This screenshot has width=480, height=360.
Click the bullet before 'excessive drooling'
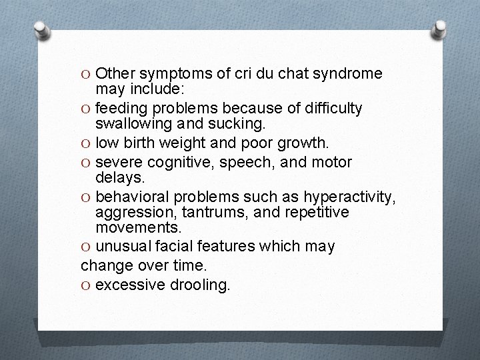pos(86,285)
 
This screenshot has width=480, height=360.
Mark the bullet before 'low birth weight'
pos(86,142)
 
